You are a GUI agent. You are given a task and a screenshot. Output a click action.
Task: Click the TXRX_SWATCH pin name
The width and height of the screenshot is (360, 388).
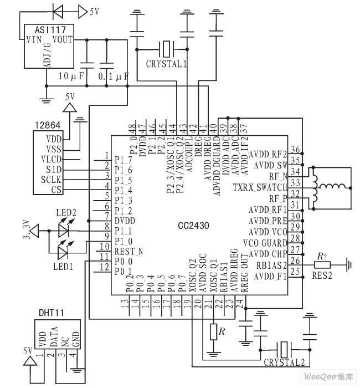[260, 187]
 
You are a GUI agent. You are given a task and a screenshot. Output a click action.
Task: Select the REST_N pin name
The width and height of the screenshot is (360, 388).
[128, 251]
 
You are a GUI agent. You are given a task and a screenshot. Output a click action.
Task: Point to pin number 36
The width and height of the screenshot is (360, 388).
[296, 150]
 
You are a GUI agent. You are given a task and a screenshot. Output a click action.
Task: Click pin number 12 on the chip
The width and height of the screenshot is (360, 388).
[104, 268]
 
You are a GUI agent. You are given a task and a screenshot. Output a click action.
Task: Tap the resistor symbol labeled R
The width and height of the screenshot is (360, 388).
[214, 332]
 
